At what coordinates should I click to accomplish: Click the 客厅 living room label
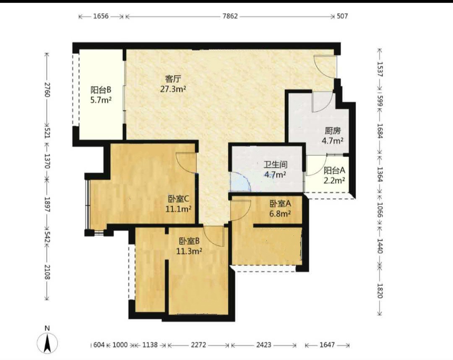point(173,79)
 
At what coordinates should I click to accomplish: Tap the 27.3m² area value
point(173,89)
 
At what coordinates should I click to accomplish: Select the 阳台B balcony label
point(101,90)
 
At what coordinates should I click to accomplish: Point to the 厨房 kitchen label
point(333,131)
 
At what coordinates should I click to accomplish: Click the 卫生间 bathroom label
point(275,165)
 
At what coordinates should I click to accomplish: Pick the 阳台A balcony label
point(334,170)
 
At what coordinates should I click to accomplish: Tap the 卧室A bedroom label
point(280,204)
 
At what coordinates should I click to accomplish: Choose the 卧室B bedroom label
point(189,241)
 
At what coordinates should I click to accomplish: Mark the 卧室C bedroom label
point(178,199)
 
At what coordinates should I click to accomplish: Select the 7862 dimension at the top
point(230,16)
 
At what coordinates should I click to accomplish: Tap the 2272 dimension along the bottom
point(198,345)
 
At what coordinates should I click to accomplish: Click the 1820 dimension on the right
point(379,291)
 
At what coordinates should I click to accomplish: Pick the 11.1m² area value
point(178,209)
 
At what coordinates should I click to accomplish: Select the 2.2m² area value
point(334,180)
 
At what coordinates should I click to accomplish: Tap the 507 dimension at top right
point(342,16)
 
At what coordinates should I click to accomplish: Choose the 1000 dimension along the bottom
point(120,345)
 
